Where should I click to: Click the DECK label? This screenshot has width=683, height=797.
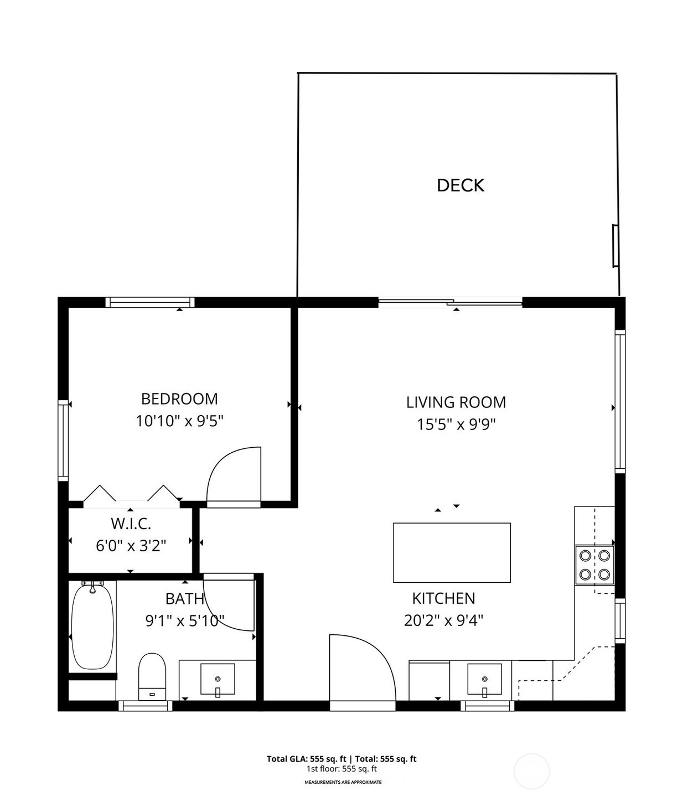click(460, 185)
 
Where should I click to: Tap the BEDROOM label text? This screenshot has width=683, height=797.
click(179, 398)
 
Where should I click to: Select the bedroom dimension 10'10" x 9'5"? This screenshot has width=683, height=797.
click(179, 421)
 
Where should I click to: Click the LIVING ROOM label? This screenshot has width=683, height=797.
click(456, 402)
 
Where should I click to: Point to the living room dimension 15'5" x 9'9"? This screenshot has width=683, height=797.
click(456, 425)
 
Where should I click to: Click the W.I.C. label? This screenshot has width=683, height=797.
click(131, 524)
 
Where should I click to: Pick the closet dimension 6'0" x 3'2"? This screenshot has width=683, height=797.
click(131, 546)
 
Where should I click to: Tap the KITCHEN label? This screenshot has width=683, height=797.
click(443, 598)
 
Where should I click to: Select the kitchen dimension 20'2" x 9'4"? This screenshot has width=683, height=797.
click(443, 621)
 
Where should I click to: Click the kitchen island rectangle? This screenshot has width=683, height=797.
click(452, 552)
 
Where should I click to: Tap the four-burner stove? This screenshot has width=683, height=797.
click(594, 565)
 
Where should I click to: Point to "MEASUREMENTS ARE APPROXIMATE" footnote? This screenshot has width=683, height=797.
click(343, 783)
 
